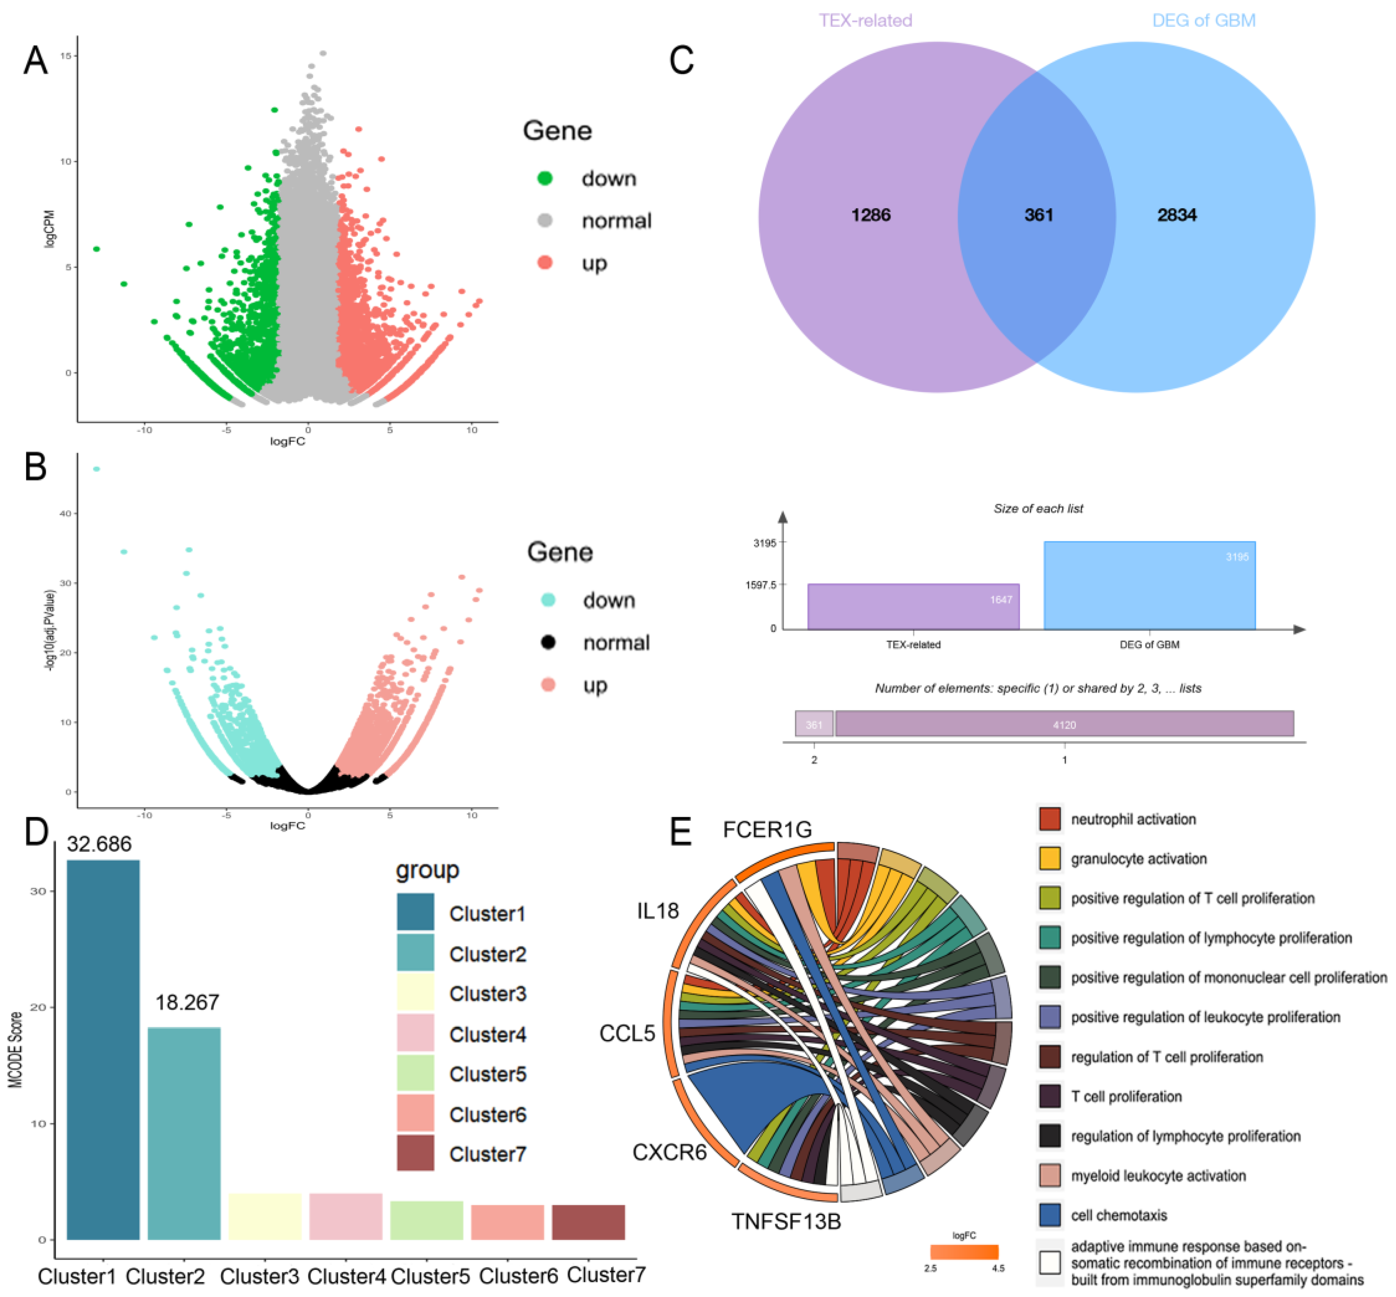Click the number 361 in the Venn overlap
point(1038,215)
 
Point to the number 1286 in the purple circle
point(871,215)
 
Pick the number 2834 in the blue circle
point(1176,215)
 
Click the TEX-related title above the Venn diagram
point(865,20)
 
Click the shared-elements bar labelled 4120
point(1063,724)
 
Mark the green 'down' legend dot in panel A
point(544,178)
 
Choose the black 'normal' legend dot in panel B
point(548,642)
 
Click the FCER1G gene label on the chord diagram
point(767,830)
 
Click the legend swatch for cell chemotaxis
point(1049,1215)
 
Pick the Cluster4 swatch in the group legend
point(414,1033)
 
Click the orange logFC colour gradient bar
point(963,1251)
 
